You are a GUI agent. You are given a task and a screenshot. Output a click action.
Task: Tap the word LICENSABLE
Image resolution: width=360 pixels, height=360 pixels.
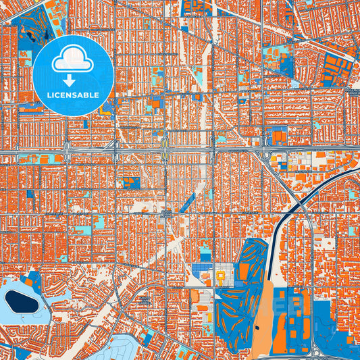[72, 95]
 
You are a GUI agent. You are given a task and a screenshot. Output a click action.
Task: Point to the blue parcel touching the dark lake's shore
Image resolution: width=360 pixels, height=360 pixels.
[31, 280]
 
